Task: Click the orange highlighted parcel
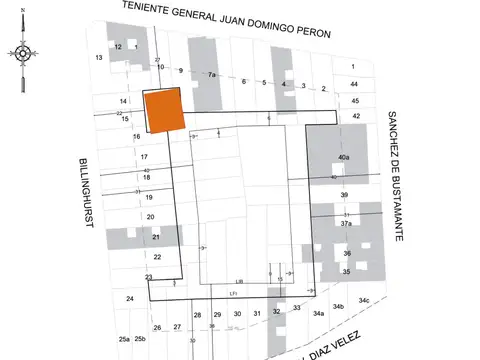(165, 111)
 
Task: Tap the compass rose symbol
(25, 52)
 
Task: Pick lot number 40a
(344, 158)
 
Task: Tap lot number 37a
(346, 224)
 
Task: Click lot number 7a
(212, 75)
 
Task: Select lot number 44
(354, 83)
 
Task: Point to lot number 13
(99, 58)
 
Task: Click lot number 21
(156, 237)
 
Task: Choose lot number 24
(129, 299)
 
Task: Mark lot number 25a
(124, 340)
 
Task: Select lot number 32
(277, 312)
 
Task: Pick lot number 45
(355, 100)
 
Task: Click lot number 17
(144, 157)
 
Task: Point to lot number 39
(344, 194)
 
